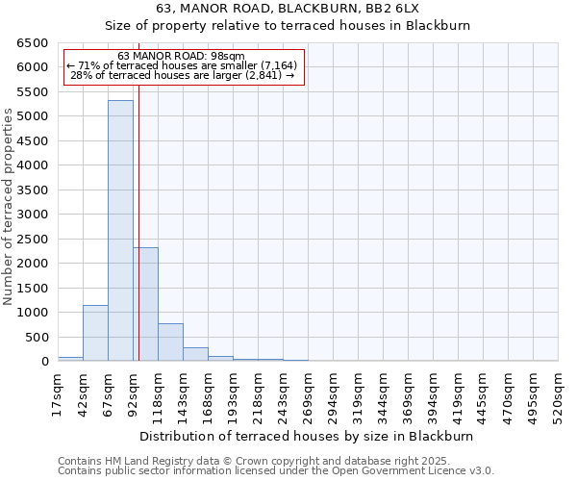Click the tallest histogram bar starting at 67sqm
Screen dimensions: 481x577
point(120,231)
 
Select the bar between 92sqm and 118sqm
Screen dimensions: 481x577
point(145,304)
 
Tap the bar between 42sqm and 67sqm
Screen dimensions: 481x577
point(95,333)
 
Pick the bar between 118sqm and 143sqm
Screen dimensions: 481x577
point(170,342)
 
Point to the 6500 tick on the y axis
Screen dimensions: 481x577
point(35,43)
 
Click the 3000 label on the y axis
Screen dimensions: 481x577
point(35,215)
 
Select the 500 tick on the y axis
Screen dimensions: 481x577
point(38,337)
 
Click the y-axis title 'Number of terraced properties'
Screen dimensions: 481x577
point(9,207)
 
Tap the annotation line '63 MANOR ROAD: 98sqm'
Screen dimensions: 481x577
point(182,56)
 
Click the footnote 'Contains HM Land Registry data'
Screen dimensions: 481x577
point(275,461)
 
